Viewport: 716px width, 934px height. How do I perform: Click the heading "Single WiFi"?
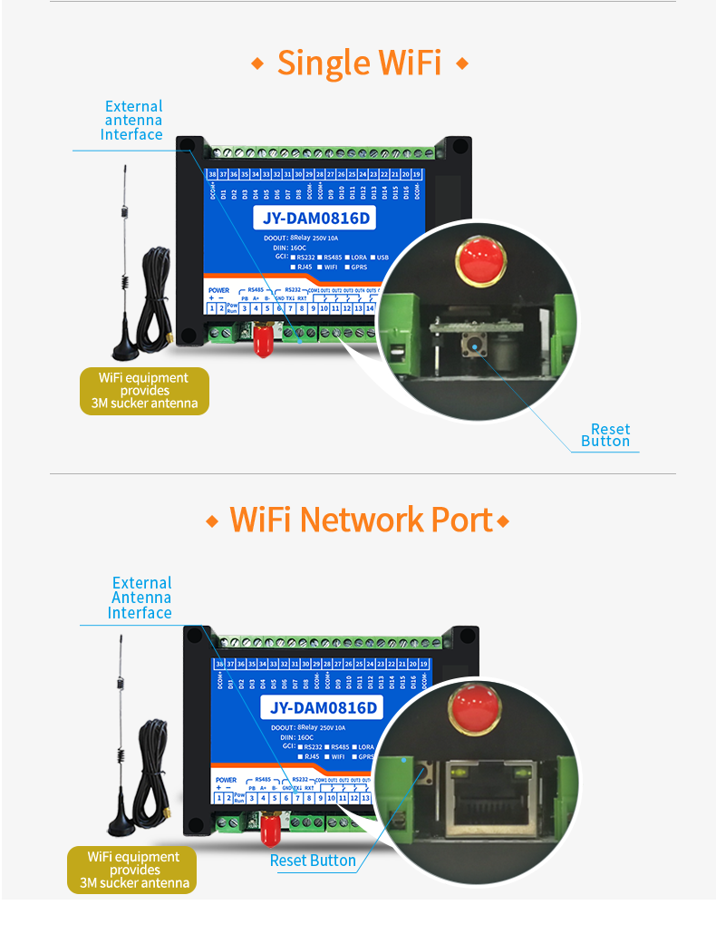pyautogui.click(x=359, y=63)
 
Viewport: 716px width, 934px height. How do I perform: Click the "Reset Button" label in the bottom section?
pyautogui.click(x=313, y=861)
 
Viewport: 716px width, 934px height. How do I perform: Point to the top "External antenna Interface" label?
pyautogui.click(x=132, y=121)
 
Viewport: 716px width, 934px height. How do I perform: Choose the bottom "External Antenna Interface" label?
pyautogui.click(x=140, y=598)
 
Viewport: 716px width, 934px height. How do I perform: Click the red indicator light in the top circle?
pyautogui.click(x=480, y=258)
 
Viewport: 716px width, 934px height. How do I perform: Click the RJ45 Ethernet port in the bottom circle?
pyautogui.click(x=490, y=798)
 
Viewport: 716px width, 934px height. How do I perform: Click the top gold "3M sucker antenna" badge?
pyautogui.click(x=144, y=391)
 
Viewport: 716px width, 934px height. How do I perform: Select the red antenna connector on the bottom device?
pyautogui.click(x=268, y=830)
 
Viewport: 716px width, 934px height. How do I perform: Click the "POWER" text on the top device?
pyautogui.click(x=218, y=290)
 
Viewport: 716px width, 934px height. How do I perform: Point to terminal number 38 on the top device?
pyautogui.click(x=212, y=173)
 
